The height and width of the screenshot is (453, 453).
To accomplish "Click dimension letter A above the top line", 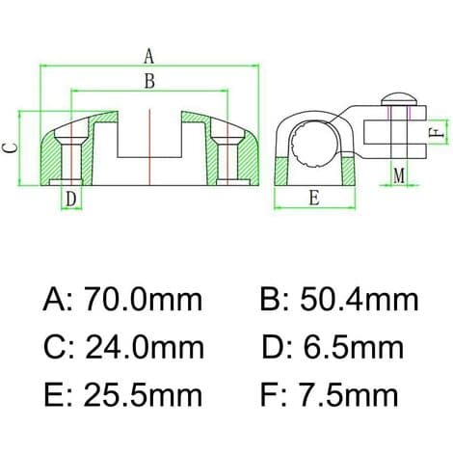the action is pos(148,56).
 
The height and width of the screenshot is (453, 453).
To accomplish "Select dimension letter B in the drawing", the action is pos(149,81).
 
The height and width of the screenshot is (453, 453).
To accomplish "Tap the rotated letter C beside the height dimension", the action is pos(10,147).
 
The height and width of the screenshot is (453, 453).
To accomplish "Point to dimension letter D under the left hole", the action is pos(71,199).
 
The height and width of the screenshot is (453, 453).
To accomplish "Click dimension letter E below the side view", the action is pos(314,198).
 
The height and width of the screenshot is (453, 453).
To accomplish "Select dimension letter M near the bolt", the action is pos(399,175).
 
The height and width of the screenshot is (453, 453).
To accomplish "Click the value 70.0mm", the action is pos(144,300).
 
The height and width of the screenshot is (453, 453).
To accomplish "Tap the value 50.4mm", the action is pos(360,300).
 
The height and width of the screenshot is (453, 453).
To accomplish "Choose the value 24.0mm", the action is pos(145,347).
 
